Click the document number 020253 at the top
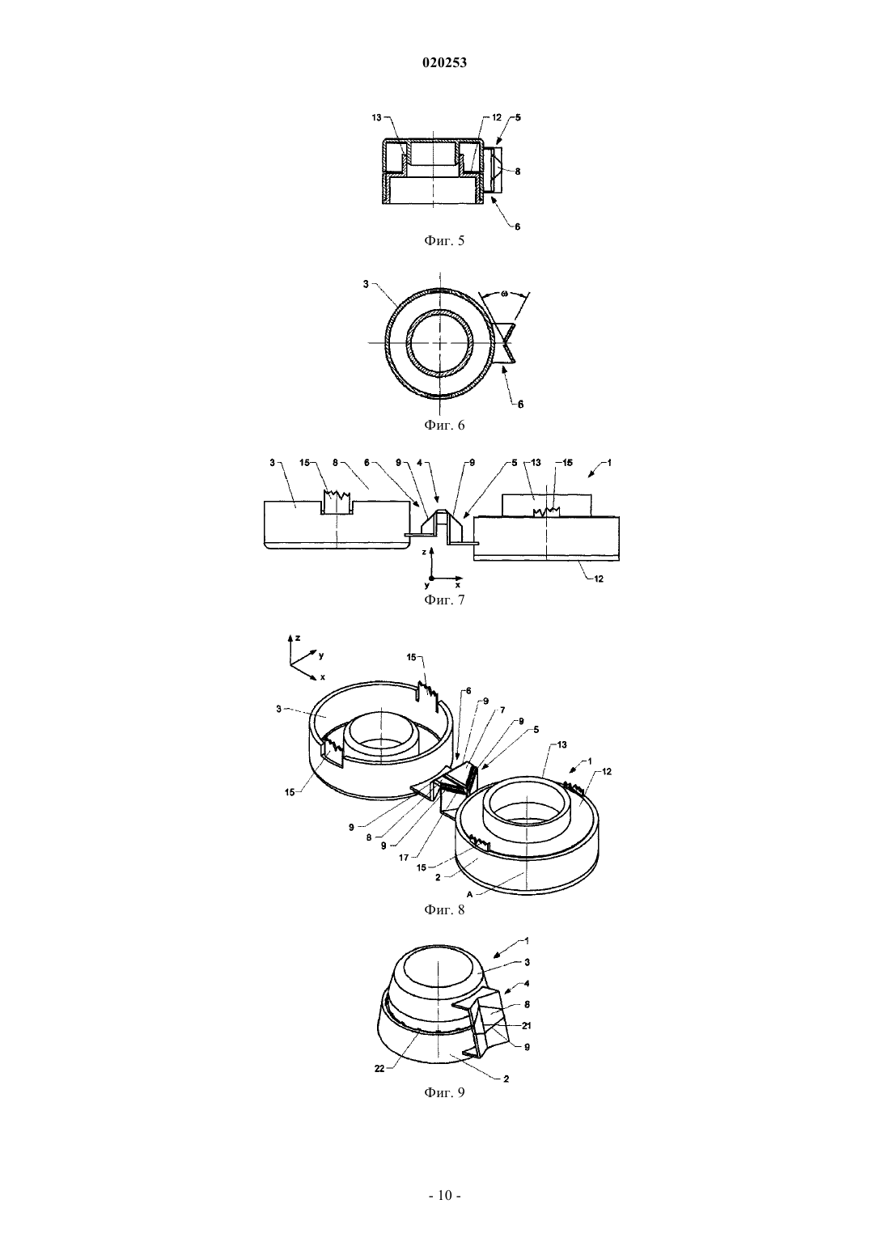(444, 63)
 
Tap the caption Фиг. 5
(444, 241)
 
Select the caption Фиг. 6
(444, 425)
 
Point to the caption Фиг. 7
(444, 600)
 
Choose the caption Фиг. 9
(444, 1093)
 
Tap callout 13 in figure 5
(376, 117)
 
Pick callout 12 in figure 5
(496, 117)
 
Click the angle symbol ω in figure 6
(504, 294)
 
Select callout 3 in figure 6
(366, 284)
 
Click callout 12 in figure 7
(599, 579)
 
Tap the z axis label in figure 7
(424, 553)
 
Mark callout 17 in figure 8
(404, 858)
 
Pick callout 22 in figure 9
(379, 1069)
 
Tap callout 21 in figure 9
(527, 1025)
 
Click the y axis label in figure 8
(321, 655)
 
